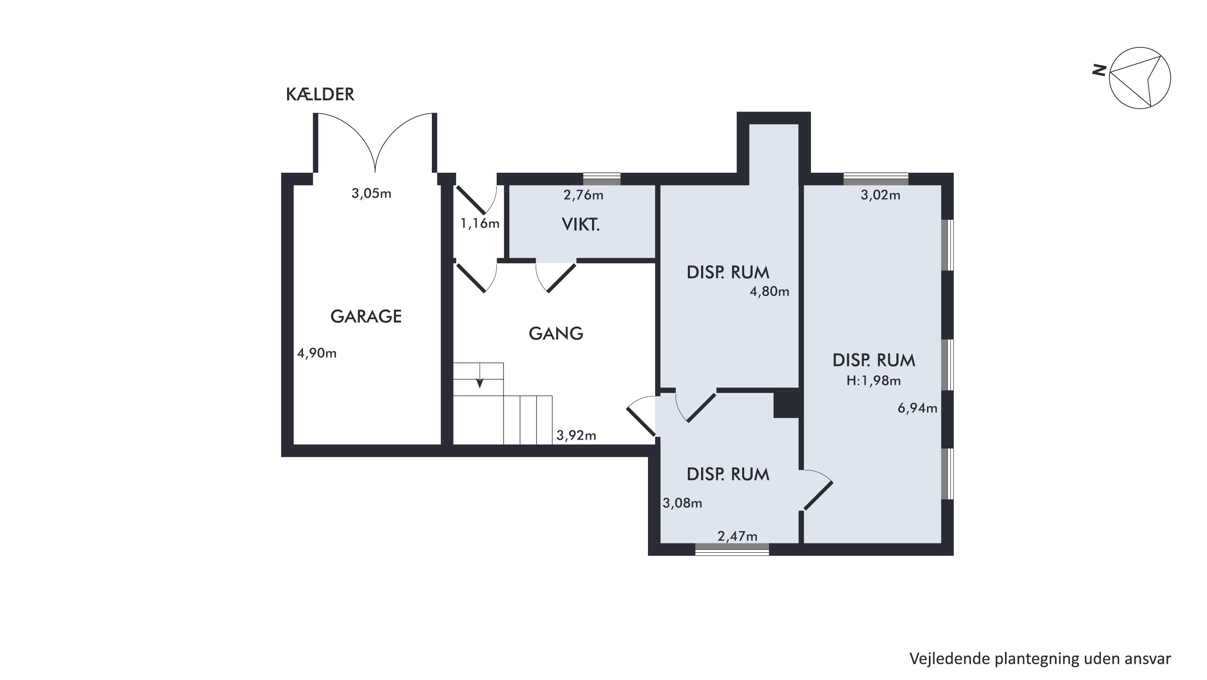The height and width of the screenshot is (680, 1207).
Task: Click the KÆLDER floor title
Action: tap(320, 95)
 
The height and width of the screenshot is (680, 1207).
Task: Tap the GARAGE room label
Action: tap(366, 317)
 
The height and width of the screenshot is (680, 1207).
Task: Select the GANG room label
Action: tap(556, 334)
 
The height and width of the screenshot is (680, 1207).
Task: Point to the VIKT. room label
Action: tap(580, 225)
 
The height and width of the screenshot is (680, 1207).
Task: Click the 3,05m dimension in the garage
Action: tap(371, 194)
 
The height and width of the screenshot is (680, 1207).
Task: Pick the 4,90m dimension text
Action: tap(317, 353)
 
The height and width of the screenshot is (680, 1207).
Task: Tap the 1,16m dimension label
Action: tap(480, 223)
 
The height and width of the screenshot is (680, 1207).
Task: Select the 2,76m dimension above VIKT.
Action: tap(583, 195)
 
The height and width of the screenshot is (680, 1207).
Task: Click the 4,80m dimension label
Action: tap(770, 292)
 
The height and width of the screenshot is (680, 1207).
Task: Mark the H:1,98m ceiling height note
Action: tap(873, 381)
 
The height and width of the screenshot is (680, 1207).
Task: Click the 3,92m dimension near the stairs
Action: tap(576, 436)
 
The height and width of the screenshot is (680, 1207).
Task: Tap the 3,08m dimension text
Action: tap(682, 503)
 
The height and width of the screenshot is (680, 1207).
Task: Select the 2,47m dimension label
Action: tap(737, 536)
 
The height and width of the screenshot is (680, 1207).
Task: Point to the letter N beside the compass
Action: tap(1099, 70)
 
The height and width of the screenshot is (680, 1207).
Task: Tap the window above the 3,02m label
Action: tap(876, 179)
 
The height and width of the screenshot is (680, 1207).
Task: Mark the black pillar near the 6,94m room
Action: tap(786, 403)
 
